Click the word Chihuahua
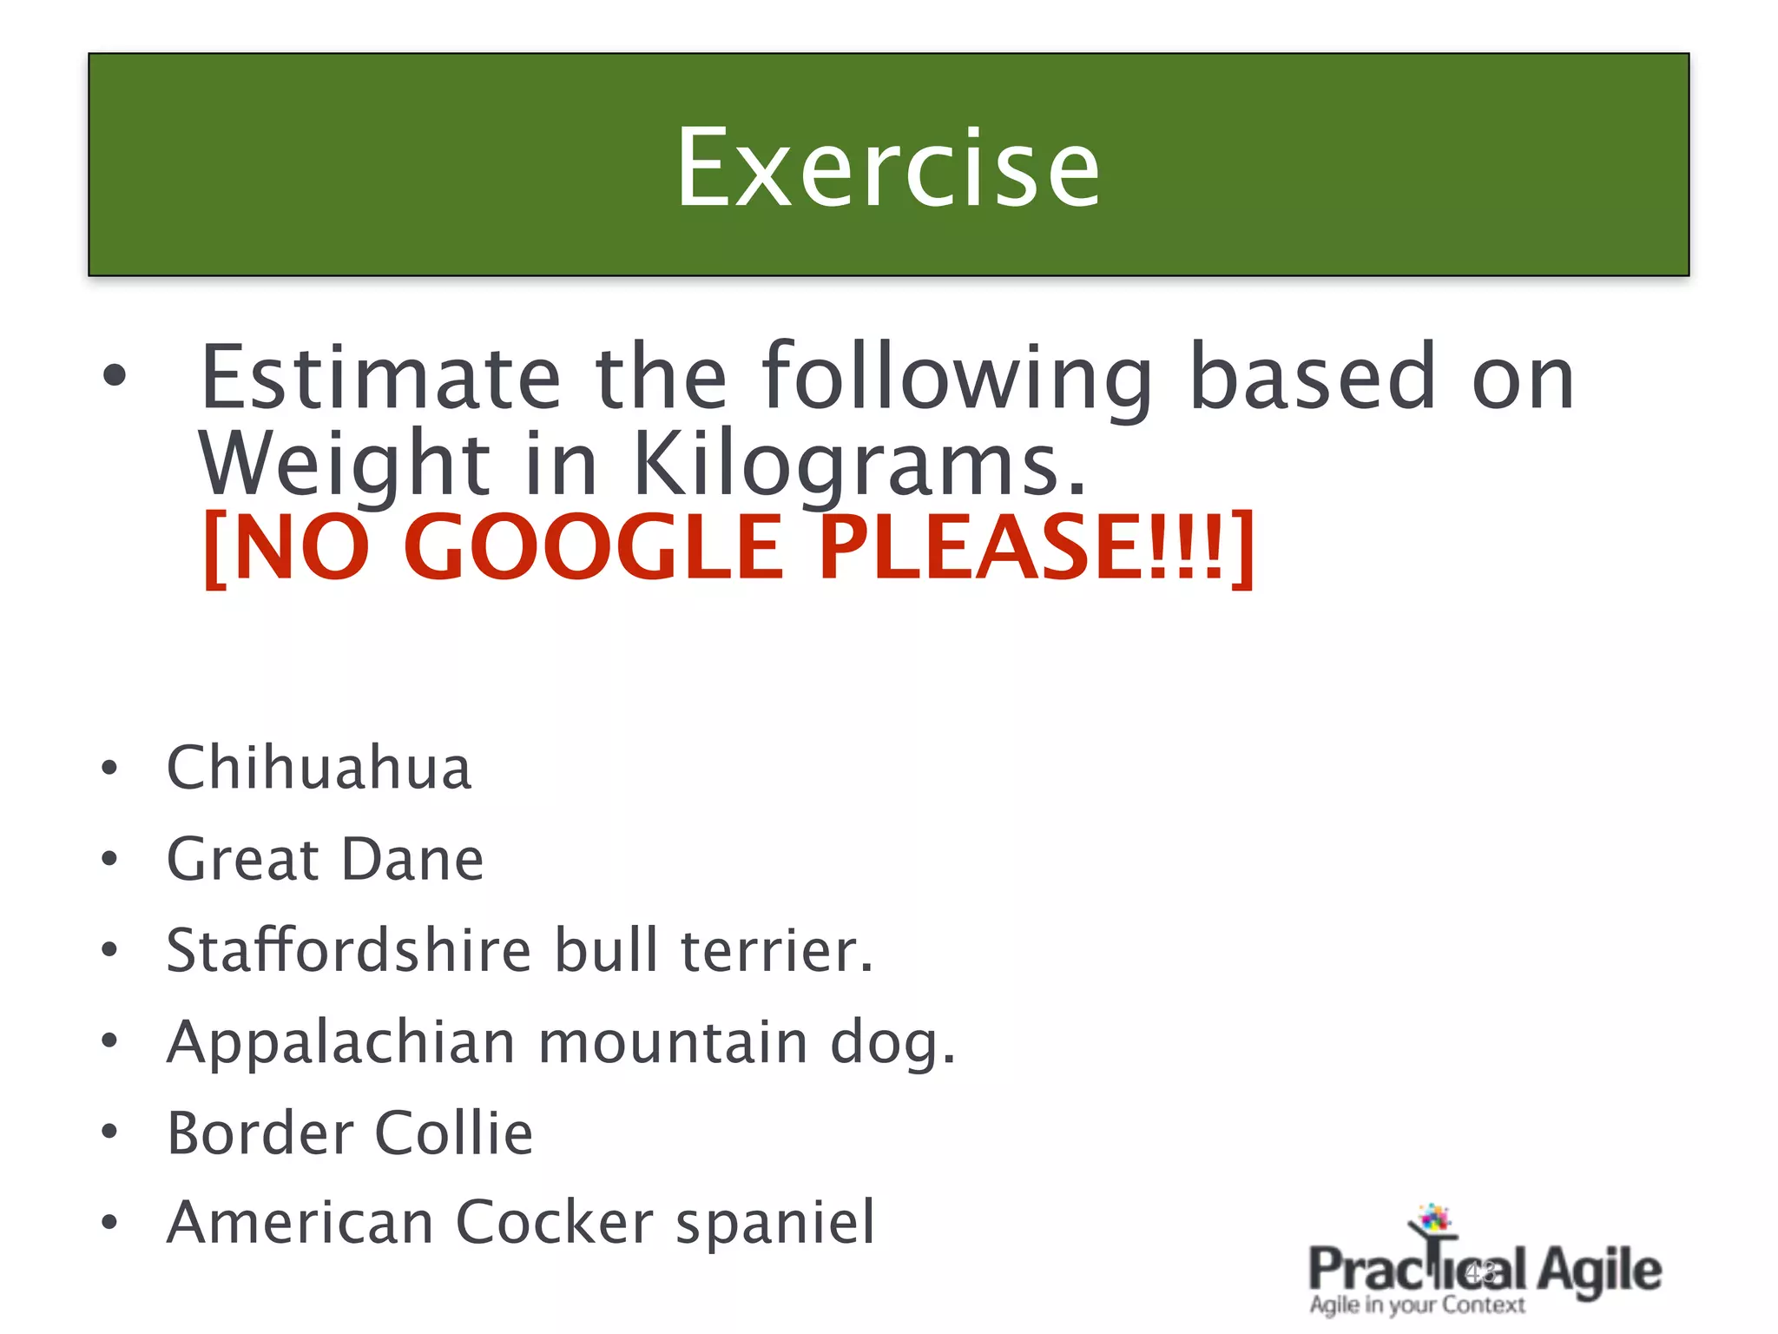pyautogui.click(x=319, y=768)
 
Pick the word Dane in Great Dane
pyautogui.click(x=412, y=860)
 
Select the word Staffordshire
pyautogui.click(x=348, y=950)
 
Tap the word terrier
pyautogui.click(x=775, y=950)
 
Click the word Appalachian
pyautogui.click(x=341, y=1042)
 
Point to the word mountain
pyautogui.click(x=673, y=1042)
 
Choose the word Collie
pyautogui.click(x=454, y=1133)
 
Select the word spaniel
pyautogui.click(x=775, y=1223)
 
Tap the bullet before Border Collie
pyautogui.click(x=109, y=1132)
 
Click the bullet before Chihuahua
pyautogui.click(x=109, y=768)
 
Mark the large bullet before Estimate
pyautogui.click(x=114, y=377)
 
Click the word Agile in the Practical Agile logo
pyautogui.click(x=1599, y=1271)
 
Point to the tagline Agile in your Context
pyautogui.click(x=1417, y=1305)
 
